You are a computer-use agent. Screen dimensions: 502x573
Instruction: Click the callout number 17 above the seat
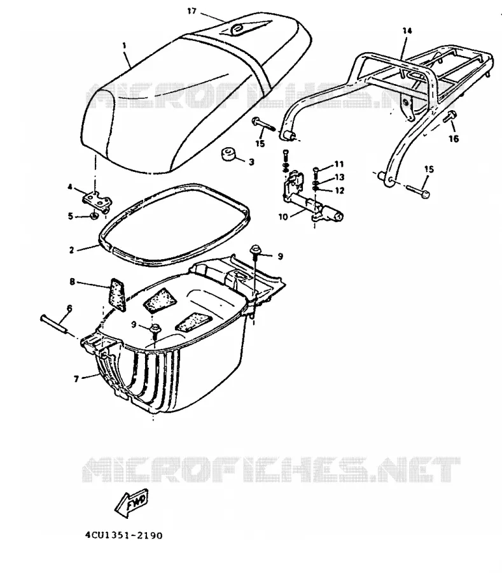pos(192,11)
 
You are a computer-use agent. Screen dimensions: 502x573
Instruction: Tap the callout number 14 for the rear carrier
pos(407,31)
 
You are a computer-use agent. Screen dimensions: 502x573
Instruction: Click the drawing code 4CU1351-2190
pos(124,535)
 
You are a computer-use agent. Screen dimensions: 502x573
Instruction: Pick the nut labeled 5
pos(94,216)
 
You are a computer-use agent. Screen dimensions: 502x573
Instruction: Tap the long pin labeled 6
pos(53,324)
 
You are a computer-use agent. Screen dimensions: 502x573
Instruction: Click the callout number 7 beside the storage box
pos(76,379)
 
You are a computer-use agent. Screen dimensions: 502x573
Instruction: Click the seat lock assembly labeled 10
pos(313,199)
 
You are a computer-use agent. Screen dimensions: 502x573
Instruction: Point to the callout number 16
pos(454,139)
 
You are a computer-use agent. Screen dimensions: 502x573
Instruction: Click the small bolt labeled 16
pos(449,117)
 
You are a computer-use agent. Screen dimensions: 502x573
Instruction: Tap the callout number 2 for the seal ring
pos(71,250)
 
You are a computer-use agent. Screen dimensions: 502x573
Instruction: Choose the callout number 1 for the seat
pos(125,46)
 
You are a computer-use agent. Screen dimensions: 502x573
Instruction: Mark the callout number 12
pos(340,190)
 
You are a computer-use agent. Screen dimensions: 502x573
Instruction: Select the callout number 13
pos(340,177)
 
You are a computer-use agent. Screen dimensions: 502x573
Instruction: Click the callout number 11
pos(339,164)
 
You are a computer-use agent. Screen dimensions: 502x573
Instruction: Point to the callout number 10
pos(283,217)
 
